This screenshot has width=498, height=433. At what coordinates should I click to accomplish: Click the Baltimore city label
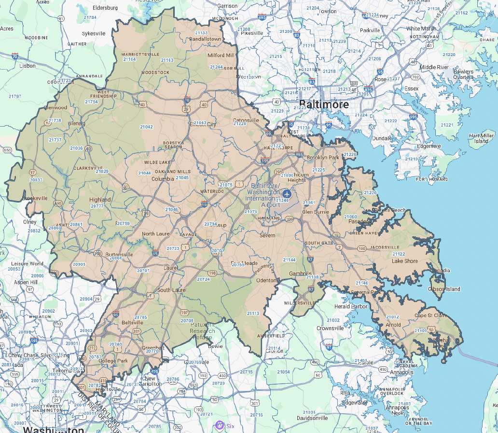coord(323,104)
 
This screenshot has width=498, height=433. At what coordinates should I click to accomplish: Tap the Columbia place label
coord(163,178)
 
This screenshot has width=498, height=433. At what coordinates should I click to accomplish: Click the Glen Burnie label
coord(315,212)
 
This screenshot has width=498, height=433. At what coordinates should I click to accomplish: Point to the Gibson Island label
coord(444,289)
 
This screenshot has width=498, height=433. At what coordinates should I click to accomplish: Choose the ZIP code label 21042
coord(146,127)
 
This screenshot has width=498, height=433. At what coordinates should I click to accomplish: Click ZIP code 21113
coord(253,313)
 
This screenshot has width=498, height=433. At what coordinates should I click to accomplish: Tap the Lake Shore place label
coord(404,261)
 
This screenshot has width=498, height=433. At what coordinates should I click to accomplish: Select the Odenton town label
coord(266,280)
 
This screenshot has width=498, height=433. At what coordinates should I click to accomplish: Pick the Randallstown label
coord(205,39)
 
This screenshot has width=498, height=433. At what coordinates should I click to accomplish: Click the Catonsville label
coord(246,120)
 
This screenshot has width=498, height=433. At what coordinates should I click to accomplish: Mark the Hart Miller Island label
coord(481,138)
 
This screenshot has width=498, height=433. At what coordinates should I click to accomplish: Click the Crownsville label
coord(330,328)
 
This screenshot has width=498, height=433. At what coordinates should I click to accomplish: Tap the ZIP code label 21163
coord(167,60)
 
